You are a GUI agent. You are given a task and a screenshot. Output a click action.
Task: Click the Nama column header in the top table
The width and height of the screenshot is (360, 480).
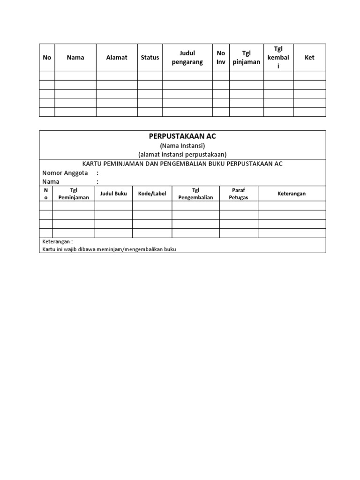(75, 58)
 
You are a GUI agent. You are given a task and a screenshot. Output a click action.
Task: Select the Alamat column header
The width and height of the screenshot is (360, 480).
(117, 58)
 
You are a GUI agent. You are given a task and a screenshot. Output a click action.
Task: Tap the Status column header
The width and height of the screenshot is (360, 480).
(150, 58)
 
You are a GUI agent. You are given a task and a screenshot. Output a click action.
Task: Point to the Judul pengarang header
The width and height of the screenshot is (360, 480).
(187, 58)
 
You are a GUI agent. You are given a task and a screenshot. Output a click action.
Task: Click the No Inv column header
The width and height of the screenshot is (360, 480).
(221, 58)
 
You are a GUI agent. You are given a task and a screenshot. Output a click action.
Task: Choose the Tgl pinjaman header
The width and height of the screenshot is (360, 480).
(247, 58)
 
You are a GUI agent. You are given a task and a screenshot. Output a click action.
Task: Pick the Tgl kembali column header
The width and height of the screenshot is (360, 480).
(278, 57)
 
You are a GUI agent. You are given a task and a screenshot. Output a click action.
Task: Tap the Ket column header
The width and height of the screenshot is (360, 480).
(309, 58)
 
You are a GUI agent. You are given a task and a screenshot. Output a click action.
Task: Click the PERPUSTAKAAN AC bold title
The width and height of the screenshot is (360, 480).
(182, 136)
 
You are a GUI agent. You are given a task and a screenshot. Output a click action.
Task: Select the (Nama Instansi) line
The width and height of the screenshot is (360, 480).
(182, 146)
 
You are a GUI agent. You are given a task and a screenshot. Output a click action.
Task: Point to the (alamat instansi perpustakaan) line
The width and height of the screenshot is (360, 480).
(182, 154)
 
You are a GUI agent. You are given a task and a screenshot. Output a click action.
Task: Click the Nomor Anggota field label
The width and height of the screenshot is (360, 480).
(66, 172)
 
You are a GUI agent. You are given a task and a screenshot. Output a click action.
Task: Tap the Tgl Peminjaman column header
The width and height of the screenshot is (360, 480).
(74, 194)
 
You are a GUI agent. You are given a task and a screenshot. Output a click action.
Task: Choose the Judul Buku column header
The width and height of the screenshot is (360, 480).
(113, 194)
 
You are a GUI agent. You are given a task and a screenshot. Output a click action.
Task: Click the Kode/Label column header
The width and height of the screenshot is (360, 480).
(152, 194)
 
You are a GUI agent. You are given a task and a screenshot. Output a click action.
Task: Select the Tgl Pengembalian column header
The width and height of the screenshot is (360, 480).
(196, 194)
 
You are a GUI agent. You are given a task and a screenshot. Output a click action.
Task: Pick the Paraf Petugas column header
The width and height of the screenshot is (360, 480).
(239, 194)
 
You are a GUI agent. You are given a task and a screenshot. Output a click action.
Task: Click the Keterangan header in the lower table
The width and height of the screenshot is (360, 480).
(292, 194)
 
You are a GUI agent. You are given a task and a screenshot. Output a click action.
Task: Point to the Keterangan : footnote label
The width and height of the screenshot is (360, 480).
(58, 242)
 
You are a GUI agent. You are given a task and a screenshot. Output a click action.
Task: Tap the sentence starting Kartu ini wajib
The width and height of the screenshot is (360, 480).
(109, 249)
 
